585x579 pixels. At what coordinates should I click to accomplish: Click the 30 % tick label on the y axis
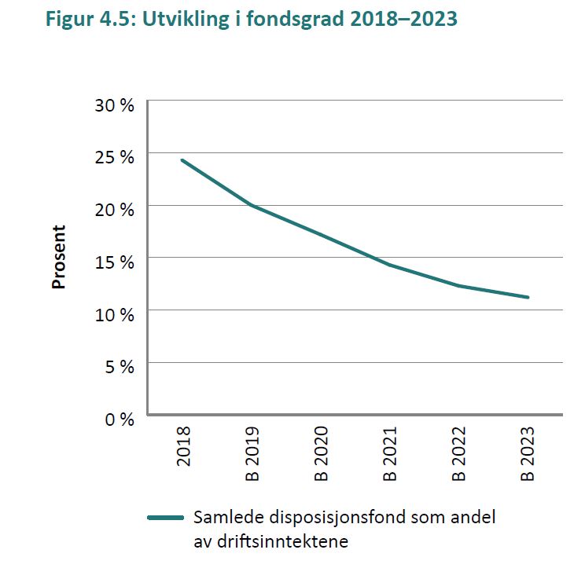(115, 104)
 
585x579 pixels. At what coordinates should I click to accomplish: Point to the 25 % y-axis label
(115, 156)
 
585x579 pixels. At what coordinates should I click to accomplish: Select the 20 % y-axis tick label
(115, 209)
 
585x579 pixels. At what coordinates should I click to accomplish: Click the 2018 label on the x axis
(184, 445)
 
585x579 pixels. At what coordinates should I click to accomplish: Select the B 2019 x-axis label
(252, 453)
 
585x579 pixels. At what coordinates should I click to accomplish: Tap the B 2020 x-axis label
(322, 453)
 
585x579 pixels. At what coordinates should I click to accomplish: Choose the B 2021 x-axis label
(390, 453)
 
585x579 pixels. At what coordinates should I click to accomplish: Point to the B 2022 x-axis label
(459, 453)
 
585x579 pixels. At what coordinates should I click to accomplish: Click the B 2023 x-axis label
(528, 453)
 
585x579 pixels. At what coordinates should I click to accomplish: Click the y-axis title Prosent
(59, 257)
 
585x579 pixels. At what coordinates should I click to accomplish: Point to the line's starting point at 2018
(182, 160)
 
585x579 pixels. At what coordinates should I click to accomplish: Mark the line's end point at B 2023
(528, 297)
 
